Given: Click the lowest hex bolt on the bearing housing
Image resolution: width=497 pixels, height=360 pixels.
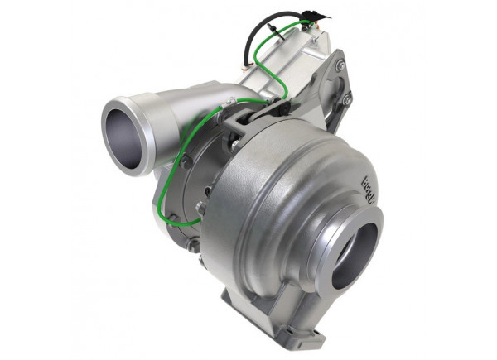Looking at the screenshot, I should pos(192,246).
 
